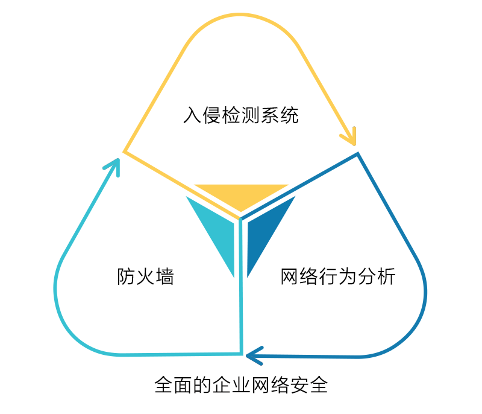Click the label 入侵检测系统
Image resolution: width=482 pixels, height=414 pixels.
tap(241, 115)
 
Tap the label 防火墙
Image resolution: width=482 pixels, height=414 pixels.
tap(145, 277)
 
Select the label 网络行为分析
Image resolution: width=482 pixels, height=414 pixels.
tap(338, 277)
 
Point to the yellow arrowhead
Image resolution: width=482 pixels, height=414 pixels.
tap(349, 136)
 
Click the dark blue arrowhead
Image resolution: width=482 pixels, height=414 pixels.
tap(254, 355)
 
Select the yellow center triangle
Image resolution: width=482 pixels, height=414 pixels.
tap(241, 195)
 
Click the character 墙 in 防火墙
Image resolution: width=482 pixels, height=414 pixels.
tap(164, 277)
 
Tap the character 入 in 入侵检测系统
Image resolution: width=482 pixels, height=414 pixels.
tap(192, 115)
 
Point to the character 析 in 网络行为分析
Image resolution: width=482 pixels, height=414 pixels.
tap(386, 277)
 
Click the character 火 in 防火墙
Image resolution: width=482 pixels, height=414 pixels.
tap(145, 277)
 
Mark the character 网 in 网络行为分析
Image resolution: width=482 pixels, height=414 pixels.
tap(290, 277)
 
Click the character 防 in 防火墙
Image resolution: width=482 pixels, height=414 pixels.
tap(126, 277)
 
